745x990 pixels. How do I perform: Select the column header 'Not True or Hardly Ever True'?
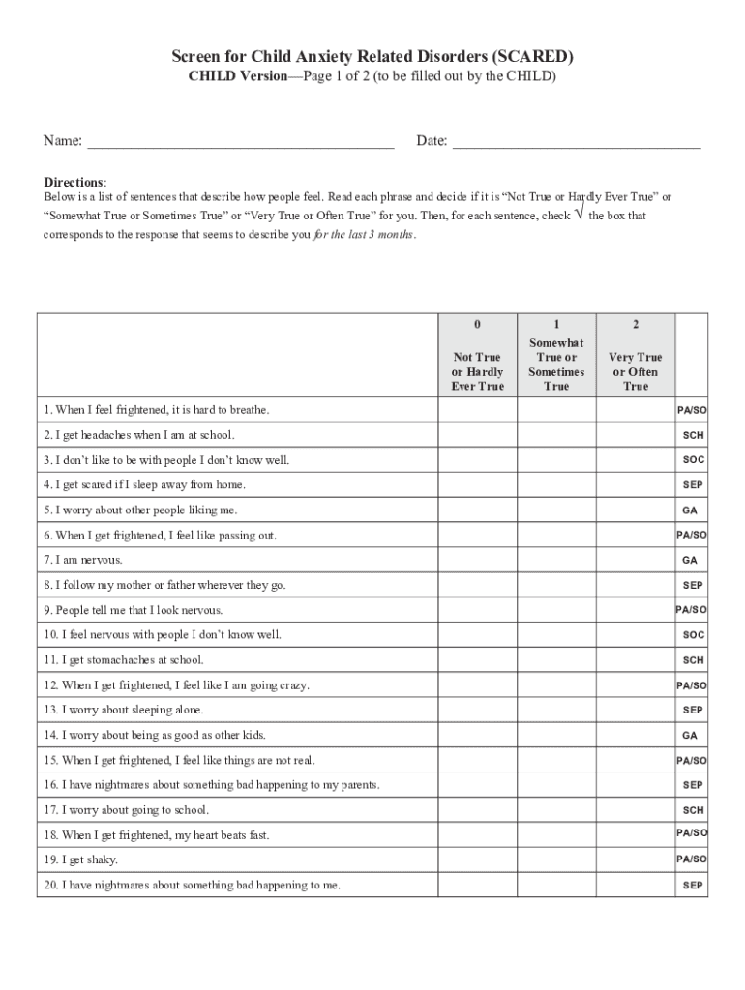point(477,371)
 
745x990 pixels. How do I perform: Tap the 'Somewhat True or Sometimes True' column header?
point(556,364)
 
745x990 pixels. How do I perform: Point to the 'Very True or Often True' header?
point(636,371)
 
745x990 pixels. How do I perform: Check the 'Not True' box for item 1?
point(477,410)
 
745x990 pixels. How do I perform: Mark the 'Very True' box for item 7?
point(636,560)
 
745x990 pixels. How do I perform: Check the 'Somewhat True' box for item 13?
point(556,710)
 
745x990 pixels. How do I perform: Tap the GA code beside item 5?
point(690,510)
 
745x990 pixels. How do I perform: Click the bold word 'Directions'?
point(74,182)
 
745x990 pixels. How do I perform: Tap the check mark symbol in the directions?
point(579,215)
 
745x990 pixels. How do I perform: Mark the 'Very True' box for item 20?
point(636,885)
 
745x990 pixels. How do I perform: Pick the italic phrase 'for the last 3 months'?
point(365,235)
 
